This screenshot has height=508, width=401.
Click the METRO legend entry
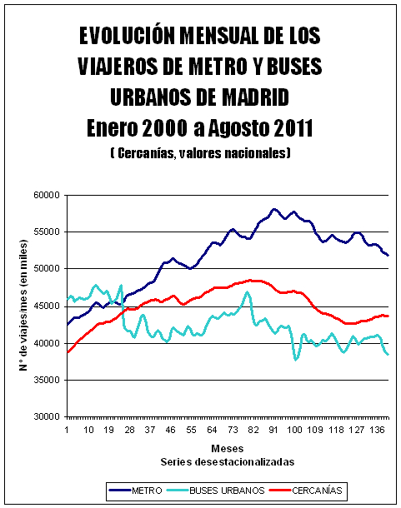coord(136,491)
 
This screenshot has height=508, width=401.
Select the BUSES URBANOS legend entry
coord(216,491)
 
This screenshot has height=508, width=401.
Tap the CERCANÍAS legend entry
coord(306,491)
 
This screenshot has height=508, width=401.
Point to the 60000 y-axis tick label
coord(47,196)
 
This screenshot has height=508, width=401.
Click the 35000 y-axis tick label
coord(47,380)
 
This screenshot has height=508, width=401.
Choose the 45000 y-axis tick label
coord(47,306)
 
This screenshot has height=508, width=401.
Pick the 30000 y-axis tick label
coord(47,417)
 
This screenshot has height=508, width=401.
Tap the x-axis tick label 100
coord(294,430)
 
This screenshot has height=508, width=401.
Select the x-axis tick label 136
coord(378,430)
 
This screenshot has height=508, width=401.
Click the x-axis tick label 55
coord(192,430)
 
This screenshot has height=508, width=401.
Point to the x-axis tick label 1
coord(67,430)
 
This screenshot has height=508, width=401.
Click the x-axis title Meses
coord(227,449)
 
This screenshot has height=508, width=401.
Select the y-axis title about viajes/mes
coord(23,305)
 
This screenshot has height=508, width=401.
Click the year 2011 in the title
coord(293,128)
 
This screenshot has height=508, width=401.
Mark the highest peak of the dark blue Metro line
coord(274,209)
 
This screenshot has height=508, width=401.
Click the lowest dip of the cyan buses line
coord(296,360)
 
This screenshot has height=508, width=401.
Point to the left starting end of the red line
coord(68,352)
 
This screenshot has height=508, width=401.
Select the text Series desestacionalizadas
coord(228,461)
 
